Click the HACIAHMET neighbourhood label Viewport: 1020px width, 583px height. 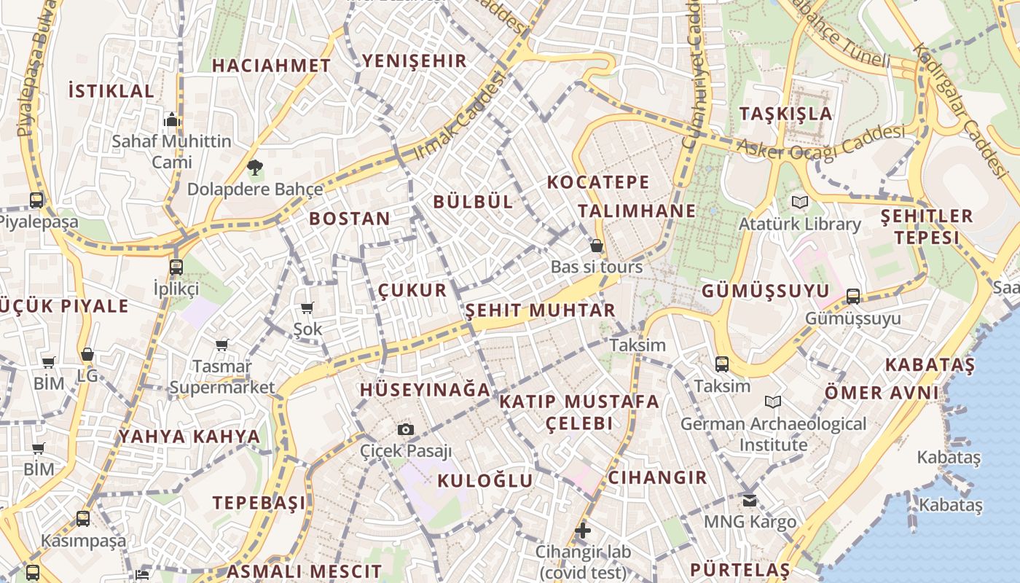271,66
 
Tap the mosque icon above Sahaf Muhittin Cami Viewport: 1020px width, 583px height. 172,120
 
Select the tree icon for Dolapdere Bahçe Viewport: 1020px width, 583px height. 254,168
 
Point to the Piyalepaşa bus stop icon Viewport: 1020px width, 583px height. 36,200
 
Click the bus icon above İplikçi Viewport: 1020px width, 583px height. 176,267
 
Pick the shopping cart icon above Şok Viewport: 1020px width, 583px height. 307,308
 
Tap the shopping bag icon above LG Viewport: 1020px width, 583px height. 87,355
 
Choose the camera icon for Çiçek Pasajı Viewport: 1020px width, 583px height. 406,429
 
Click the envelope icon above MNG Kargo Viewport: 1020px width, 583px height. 750,501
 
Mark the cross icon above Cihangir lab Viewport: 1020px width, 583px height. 582,531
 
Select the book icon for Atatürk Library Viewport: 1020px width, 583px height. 800,202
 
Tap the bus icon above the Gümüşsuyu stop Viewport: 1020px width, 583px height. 853,297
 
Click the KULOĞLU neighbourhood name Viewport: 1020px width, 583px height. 485,481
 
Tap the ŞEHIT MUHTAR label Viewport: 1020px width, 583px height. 540,310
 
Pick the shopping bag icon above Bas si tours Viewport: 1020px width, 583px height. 597,246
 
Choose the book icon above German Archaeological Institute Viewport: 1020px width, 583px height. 773,402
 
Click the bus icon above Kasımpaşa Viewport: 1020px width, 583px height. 83,519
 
